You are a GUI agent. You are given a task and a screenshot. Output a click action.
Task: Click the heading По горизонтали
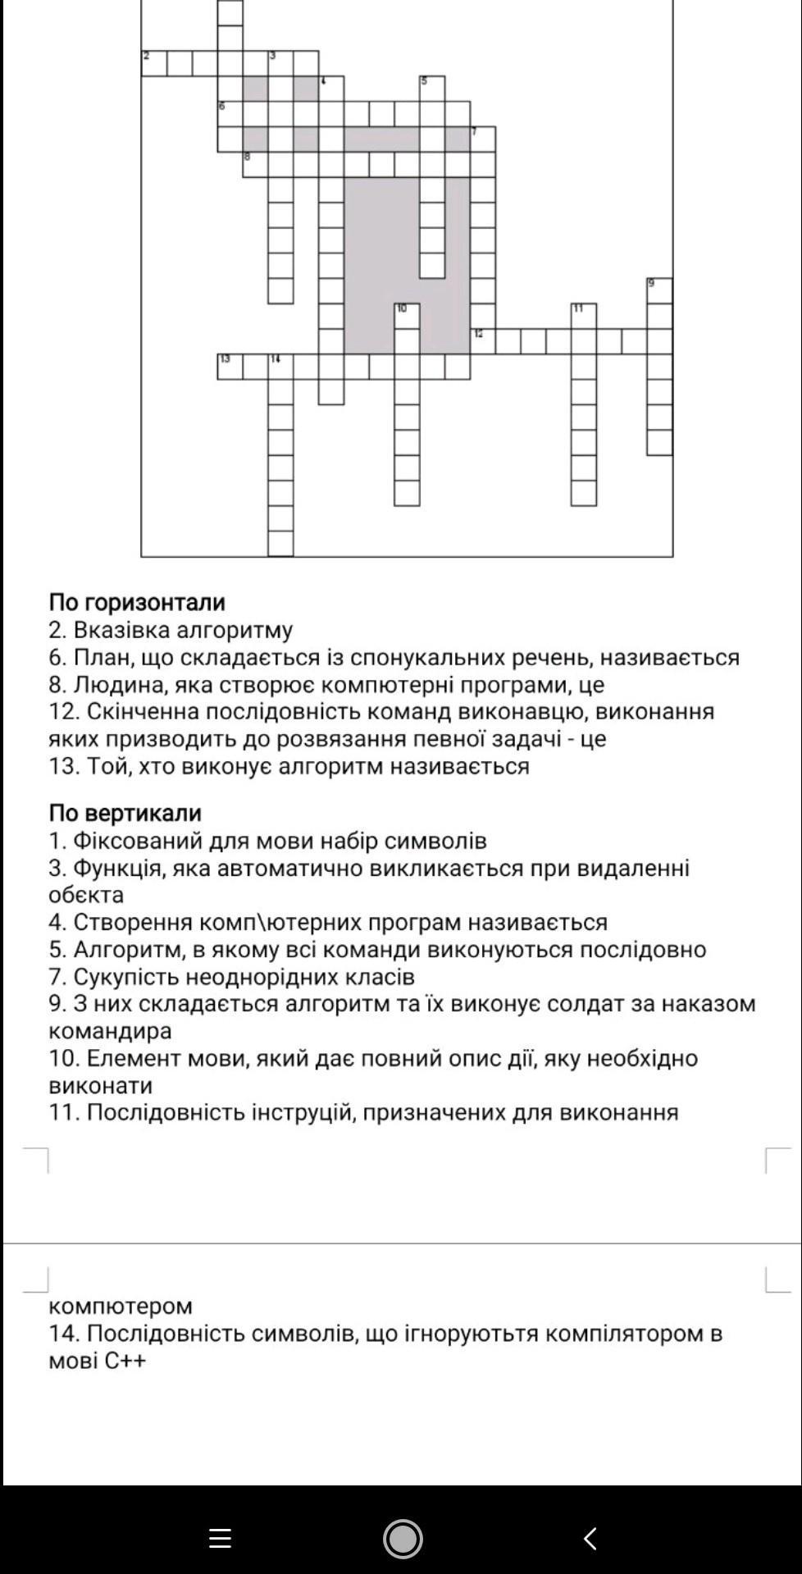pyautogui.click(x=136, y=602)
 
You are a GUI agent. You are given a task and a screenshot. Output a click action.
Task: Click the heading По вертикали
pyautogui.click(x=125, y=813)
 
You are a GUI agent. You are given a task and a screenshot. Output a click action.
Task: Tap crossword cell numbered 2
pyautogui.click(x=153, y=63)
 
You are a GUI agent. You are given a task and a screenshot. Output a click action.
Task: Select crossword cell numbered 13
pyautogui.click(x=230, y=366)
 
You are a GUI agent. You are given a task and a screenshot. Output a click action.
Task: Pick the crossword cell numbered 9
pyautogui.click(x=659, y=290)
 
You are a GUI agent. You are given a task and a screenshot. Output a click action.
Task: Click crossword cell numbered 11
pyautogui.click(x=584, y=316)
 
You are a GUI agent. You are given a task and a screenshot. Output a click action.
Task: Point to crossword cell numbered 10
pyautogui.click(x=407, y=316)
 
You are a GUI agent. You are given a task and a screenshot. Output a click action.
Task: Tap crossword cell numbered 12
pyautogui.click(x=483, y=340)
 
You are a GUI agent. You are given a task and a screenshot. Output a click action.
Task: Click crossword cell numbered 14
pyautogui.click(x=280, y=366)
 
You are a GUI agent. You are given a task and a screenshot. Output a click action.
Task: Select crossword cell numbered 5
pyautogui.click(x=432, y=88)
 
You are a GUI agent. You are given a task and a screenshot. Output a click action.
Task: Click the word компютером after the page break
pyautogui.click(x=121, y=1306)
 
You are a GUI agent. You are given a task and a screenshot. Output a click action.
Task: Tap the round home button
pyautogui.click(x=402, y=1538)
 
